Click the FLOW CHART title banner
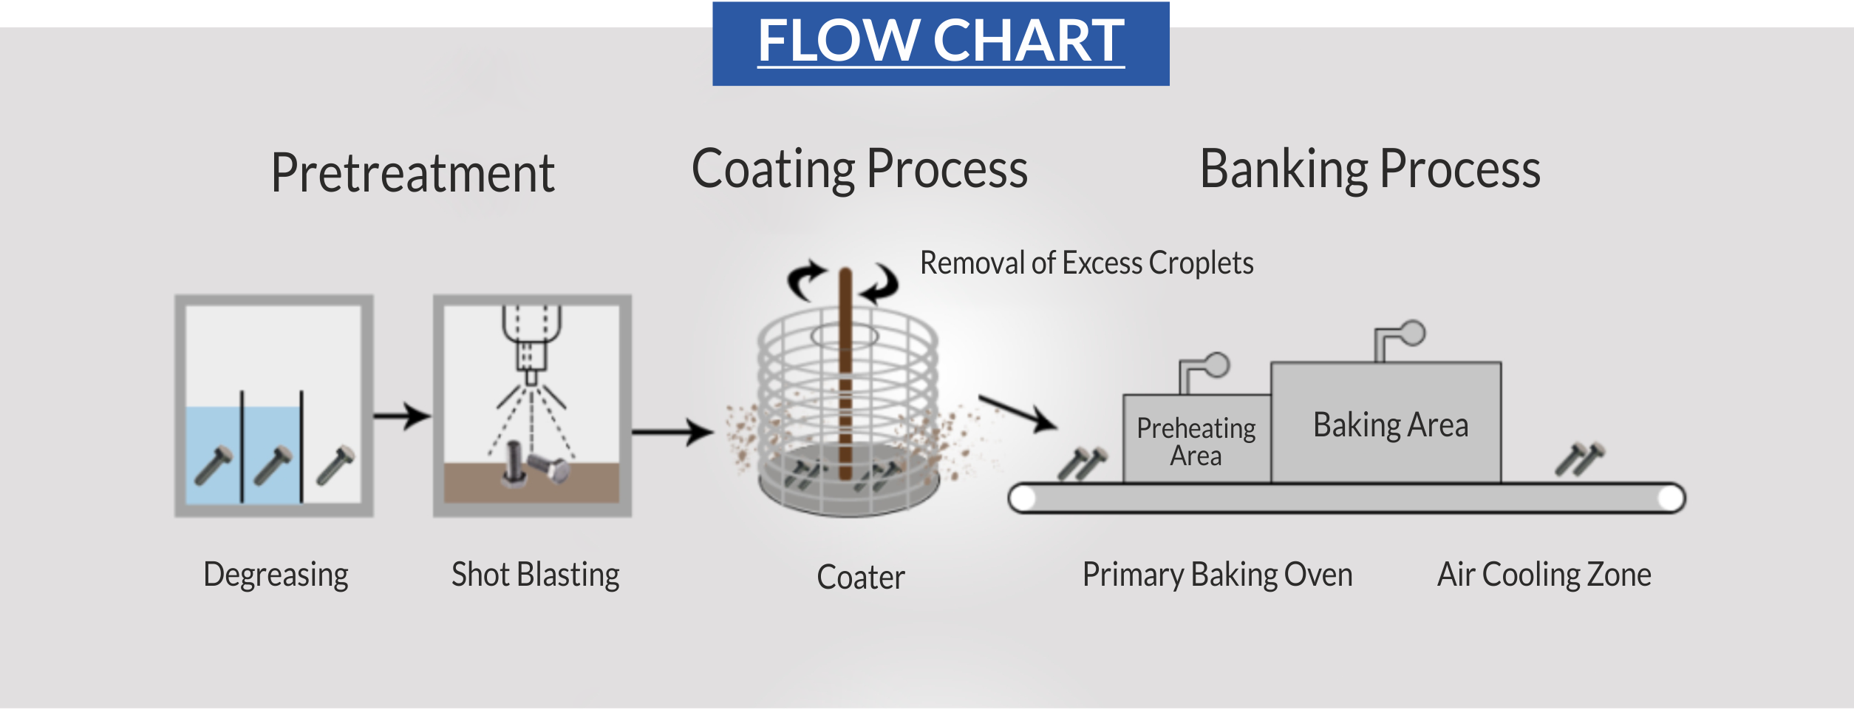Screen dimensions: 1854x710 [x=941, y=44]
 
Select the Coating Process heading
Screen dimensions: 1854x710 [x=859, y=170]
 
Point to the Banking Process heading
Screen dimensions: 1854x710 [x=1370, y=170]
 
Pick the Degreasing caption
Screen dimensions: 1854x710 [x=276, y=575]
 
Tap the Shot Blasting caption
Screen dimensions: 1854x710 [x=536, y=575]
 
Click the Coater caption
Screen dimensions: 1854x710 [x=861, y=578]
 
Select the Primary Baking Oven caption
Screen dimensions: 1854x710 [x=1218, y=575]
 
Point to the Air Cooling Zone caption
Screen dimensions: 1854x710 [x=1544, y=575]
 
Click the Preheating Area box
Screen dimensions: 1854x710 [x=1197, y=439]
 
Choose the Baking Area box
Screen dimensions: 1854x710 [x=1386, y=423]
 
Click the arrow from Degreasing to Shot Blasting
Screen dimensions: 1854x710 [x=402, y=416]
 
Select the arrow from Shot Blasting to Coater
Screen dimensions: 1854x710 [x=672, y=432]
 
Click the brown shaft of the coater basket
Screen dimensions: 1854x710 [x=845, y=374]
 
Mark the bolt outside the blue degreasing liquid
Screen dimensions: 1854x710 [x=335, y=465]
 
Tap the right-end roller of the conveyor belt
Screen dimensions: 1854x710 [x=1671, y=498]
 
